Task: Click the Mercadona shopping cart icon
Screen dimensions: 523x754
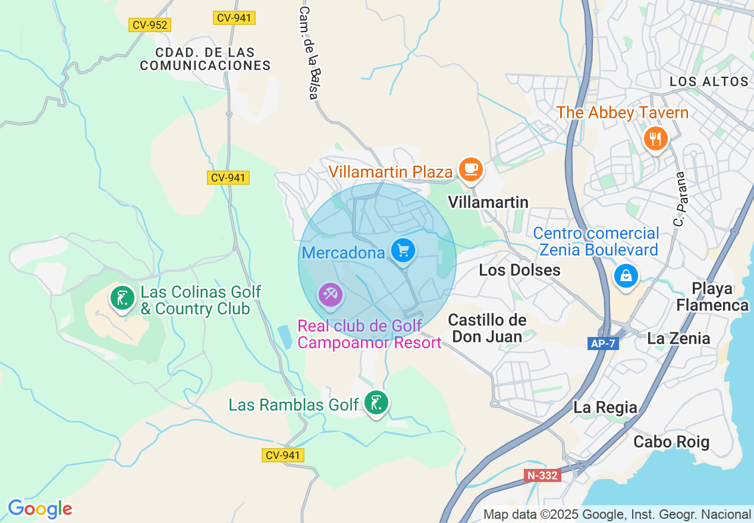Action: pos(403,250)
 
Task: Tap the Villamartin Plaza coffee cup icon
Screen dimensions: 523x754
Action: pos(472,169)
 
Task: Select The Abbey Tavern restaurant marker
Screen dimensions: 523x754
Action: pos(655,139)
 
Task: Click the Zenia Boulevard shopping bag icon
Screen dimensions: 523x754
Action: pos(626,276)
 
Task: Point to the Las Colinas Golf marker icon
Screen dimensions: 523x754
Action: pos(122,297)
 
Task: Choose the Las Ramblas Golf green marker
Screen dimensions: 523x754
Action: pos(376,403)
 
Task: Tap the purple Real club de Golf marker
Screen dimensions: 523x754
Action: pos(330,294)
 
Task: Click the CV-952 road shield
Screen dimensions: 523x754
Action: pos(150,25)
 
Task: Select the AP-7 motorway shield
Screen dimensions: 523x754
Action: pos(604,344)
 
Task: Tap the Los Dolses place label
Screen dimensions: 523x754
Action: pos(519,270)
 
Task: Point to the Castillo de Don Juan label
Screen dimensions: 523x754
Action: pos(487,328)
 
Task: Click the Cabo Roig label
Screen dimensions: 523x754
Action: pos(671,442)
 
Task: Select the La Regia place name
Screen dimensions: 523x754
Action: pos(605,408)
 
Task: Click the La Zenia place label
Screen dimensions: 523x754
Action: pos(678,339)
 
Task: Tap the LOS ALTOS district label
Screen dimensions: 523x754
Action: pos(709,81)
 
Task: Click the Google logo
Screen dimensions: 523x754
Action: pos(40,509)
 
